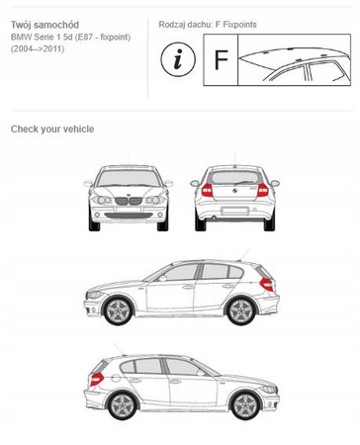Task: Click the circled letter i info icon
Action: pos(178,59)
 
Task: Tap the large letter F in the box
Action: pos(222,59)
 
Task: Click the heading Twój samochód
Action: pos(45,25)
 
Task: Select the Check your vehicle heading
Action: pos(52,129)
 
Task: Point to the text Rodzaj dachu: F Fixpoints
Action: pos(208,25)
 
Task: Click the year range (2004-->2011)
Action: pos(38,49)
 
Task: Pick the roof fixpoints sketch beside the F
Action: pos(294,59)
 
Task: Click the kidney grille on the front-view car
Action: pos(129,201)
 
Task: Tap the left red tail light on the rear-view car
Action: pos(207,190)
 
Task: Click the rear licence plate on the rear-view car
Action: pos(234,211)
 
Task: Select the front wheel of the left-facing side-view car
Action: pos(118,311)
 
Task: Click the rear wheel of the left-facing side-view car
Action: pos(241,311)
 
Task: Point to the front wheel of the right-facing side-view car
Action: pos(245,405)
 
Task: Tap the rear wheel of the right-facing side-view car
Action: pos(122,405)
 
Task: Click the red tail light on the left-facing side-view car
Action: pos(267,284)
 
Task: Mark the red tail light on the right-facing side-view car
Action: pos(96,379)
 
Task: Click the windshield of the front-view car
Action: pos(129,178)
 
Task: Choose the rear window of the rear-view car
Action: pos(234,178)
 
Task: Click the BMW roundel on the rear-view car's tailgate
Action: pos(234,191)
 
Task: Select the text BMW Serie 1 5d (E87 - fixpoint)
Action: pos(70,37)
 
